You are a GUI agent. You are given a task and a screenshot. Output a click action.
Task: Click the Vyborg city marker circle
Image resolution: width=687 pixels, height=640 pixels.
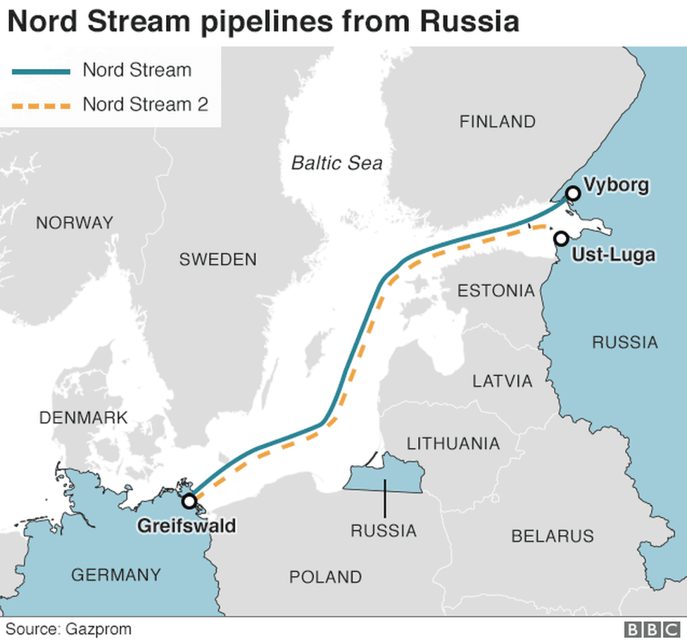[x=573, y=193]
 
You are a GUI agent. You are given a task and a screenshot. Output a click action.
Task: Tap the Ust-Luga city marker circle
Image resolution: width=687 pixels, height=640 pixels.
[x=561, y=238]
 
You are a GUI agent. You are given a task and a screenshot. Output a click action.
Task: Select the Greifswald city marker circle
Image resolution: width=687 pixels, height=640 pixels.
[x=189, y=501]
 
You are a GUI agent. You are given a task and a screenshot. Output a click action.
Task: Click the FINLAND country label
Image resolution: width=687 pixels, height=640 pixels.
[x=497, y=122]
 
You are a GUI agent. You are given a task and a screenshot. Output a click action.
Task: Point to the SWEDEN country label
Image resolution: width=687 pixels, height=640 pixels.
[x=218, y=260]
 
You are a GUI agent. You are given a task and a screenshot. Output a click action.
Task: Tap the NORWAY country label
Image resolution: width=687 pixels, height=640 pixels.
[x=74, y=223]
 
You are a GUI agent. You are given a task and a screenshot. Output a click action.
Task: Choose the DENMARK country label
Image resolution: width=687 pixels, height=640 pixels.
[x=83, y=418]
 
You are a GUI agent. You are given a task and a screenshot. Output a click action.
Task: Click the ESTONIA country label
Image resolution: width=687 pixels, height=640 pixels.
[x=496, y=290]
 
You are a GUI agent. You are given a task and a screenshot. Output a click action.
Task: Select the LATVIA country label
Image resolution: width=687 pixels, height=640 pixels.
[x=502, y=381]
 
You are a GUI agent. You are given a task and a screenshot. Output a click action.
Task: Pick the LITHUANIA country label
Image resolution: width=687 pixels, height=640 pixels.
[x=453, y=444]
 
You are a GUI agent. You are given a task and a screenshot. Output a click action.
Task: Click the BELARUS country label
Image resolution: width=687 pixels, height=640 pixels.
[x=552, y=536]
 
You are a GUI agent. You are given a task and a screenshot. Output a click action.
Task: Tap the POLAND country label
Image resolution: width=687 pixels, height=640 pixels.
[x=325, y=577]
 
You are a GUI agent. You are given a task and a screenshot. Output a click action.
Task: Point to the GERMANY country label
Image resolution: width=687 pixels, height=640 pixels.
[x=115, y=575]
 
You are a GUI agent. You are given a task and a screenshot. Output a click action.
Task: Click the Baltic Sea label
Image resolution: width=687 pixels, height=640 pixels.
[x=337, y=163]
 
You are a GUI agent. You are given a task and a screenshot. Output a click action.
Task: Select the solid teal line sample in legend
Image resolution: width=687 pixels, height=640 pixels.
[x=41, y=71]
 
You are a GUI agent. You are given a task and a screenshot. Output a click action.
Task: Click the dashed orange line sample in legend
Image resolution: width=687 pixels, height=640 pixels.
[x=41, y=105]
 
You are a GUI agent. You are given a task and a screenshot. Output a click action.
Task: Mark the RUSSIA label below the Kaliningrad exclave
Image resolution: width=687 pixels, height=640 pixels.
[x=384, y=530]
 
